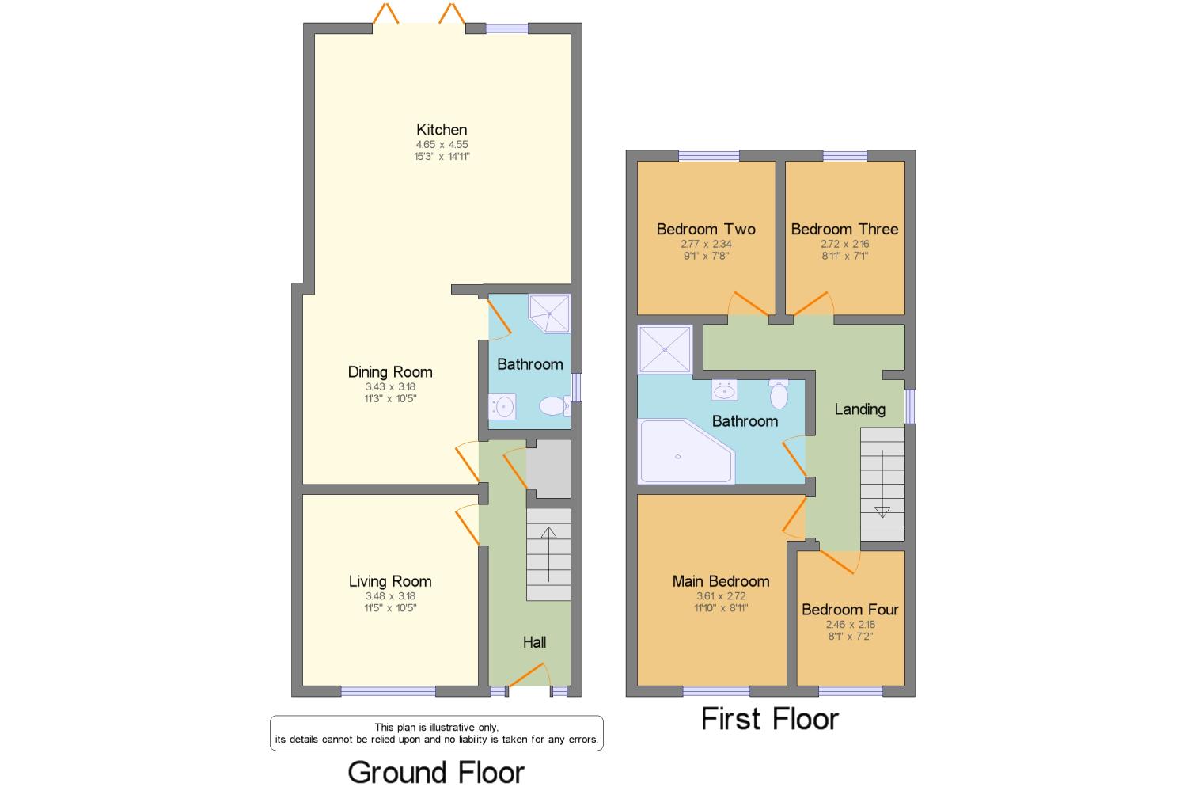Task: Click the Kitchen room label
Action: tap(442, 129)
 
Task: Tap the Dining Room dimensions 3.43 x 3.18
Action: tap(391, 386)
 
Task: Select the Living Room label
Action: tap(390, 581)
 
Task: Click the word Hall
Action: tap(534, 642)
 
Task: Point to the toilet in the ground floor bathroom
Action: tap(555, 406)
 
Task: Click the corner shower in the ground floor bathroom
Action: tap(549, 314)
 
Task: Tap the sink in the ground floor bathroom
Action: tap(502, 407)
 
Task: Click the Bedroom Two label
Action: tap(706, 229)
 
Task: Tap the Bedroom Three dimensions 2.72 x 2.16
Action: tap(845, 244)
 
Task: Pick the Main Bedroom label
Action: tap(721, 581)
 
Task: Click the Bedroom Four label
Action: tap(850, 610)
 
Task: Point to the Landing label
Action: tap(859, 409)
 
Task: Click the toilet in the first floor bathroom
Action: tap(779, 394)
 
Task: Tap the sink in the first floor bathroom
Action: tap(724, 390)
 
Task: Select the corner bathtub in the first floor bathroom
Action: tap(686, 451)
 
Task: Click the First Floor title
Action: tap(770, 720)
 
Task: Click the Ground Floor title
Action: tap(436, 773)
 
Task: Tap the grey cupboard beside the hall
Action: tap(548, 469)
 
